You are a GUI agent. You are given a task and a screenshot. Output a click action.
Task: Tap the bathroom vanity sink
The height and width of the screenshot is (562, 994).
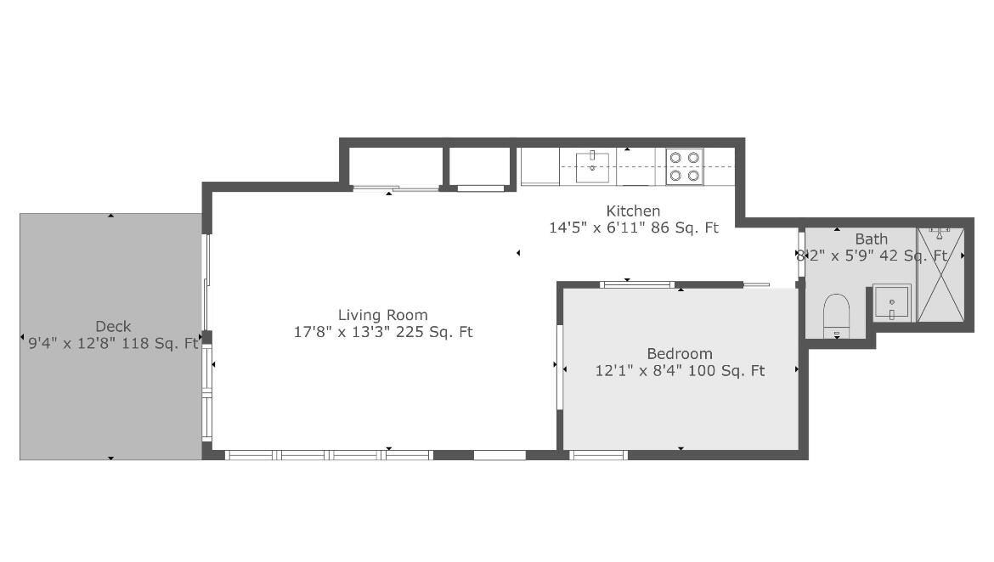[x=891, y=302]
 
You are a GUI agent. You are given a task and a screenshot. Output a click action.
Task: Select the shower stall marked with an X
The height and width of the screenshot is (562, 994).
[x=941, y=276]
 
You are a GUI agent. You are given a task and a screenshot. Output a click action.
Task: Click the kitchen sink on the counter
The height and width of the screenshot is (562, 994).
[x=592, y=166]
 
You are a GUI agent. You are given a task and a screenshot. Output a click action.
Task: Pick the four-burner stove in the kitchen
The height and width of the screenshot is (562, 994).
[x=684, y=166]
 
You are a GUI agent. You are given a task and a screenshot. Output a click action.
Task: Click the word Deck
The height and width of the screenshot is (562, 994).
[x=113, y=327]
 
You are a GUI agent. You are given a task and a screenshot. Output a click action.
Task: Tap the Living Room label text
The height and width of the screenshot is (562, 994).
[x=383, y=315]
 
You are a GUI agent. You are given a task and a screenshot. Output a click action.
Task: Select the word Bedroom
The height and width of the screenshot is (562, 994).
[x=680, y=354]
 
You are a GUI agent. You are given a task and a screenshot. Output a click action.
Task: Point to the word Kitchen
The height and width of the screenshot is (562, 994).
[x=633, y=211]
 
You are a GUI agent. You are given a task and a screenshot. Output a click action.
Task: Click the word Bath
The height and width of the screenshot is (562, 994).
[x=871, y=239]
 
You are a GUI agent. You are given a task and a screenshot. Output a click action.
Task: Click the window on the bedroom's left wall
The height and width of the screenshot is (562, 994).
[x=560, y=366]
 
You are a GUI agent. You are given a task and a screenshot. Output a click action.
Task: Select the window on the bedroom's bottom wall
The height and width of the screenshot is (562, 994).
[x=599, y=455]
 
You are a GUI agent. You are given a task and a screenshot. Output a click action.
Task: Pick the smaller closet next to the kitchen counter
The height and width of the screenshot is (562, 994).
[x=480, y=166]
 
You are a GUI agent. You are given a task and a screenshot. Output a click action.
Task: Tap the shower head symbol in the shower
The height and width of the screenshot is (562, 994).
[x=939, y=231]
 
